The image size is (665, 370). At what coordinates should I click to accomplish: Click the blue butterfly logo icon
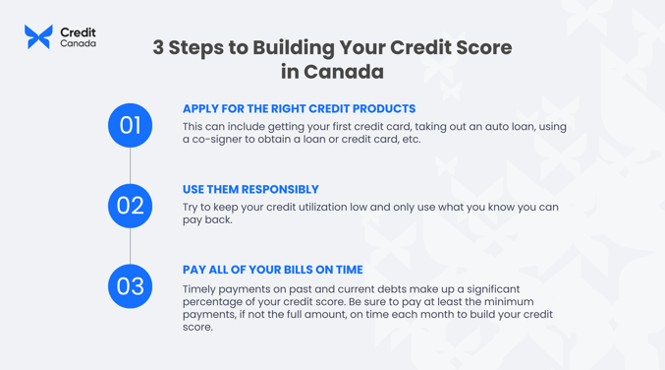tap(38, 37)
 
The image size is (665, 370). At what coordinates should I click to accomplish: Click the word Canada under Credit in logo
tap(78, 44)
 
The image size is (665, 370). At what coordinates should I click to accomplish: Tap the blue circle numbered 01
tap(130, 125)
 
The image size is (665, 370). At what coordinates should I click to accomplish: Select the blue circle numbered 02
tap(130, 206)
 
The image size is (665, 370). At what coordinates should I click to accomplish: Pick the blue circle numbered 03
tap(130, 286)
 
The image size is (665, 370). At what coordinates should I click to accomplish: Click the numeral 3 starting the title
tap(158, 48)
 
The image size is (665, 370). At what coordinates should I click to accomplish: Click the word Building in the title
tap(290, 48)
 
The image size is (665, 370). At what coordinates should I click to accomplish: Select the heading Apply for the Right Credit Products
tap(299, 109)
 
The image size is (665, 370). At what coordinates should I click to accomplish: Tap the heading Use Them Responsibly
tap(250, 190)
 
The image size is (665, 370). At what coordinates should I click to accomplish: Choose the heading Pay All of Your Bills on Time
tap(272, 270)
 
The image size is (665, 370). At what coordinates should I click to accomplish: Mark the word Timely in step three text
tap(201, 289)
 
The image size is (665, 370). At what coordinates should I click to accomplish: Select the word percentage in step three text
tap(216, 302)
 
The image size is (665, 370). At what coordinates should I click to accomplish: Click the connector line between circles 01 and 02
tap(130, 165)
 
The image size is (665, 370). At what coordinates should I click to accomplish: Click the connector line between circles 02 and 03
tap(130, 246)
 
